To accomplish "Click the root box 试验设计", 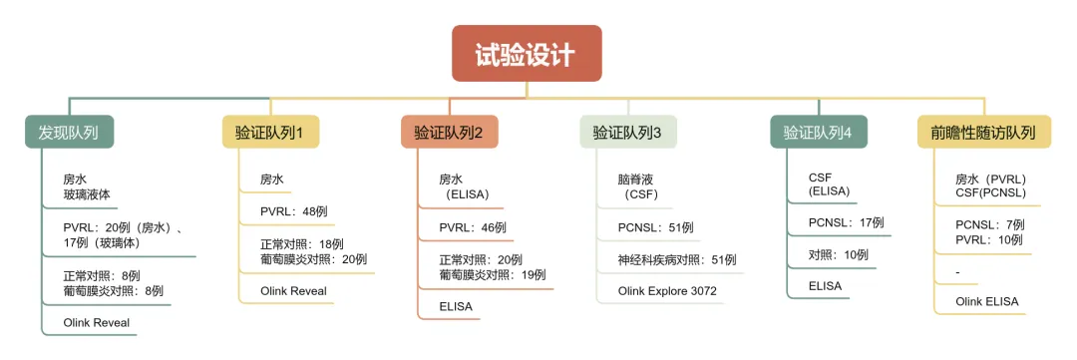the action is [527, 54].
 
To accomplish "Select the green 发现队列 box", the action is [69, 132].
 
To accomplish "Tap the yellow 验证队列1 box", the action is [270, 132].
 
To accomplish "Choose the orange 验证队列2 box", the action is [449, 132].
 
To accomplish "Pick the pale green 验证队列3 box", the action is [628, 132].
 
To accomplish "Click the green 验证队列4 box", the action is [818, 132].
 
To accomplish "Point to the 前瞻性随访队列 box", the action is [984, 132].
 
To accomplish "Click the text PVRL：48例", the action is [294, 211].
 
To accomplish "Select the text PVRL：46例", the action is [473, 227].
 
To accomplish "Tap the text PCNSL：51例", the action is [655, 227].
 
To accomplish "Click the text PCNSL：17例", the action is [847, 222].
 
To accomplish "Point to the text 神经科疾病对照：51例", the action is [676, 259].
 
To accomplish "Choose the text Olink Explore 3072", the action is [667, 291].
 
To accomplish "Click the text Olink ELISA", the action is [987, 301].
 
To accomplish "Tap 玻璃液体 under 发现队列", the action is [87, 194].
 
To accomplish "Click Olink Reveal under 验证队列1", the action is [293, 290].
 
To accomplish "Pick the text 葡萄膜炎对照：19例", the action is [493, 275].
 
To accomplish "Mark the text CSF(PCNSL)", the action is [990, 193].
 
